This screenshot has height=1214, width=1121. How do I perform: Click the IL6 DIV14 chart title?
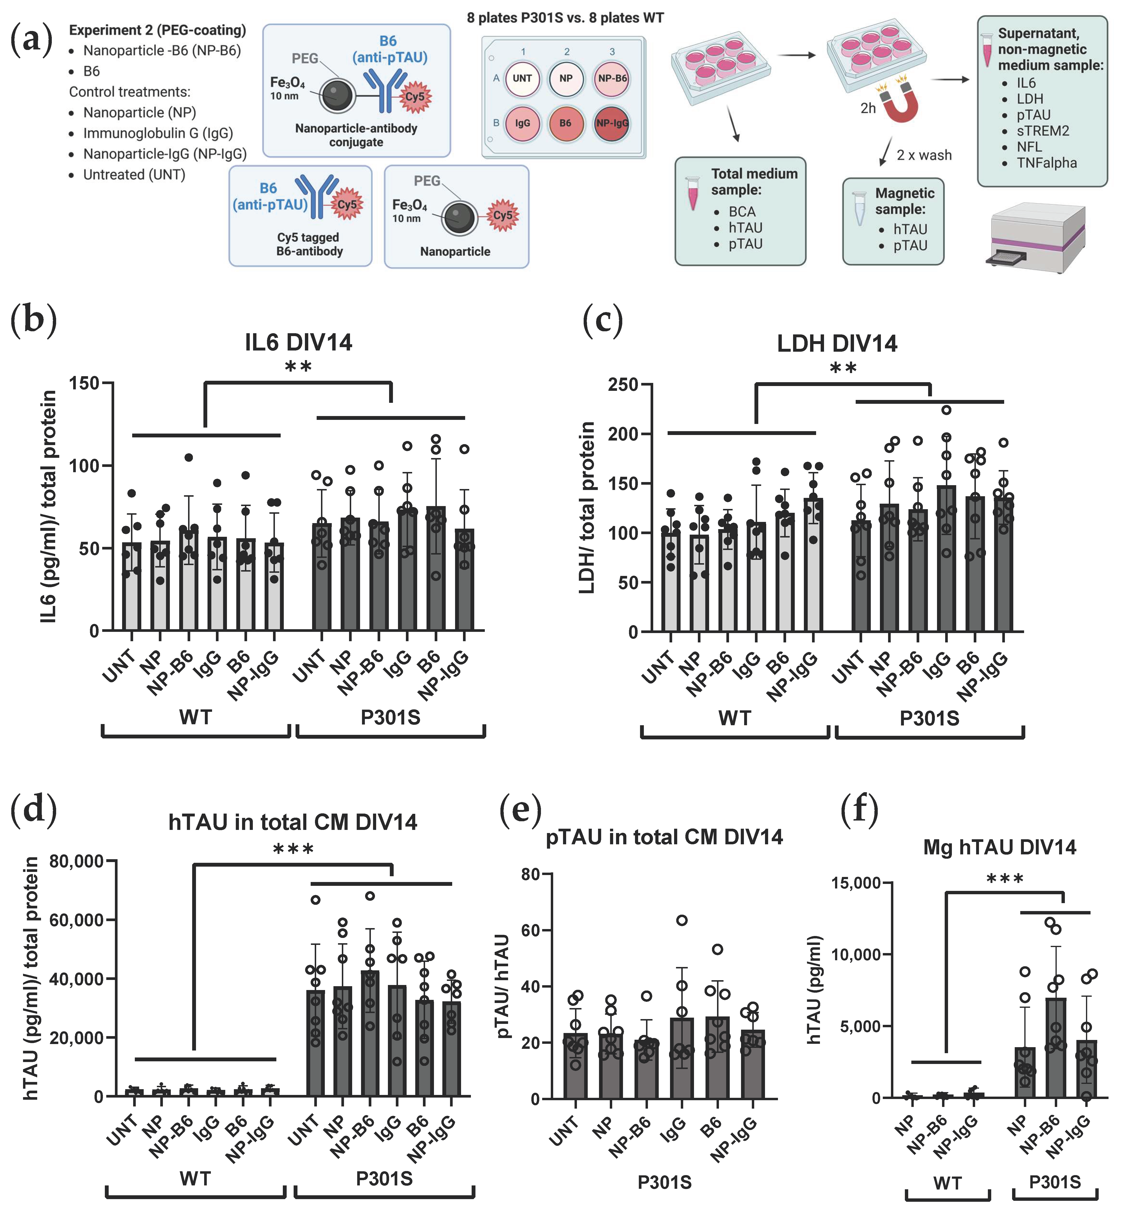298,342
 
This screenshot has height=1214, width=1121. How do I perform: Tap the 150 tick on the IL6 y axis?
84,383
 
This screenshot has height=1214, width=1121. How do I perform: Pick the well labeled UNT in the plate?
522,78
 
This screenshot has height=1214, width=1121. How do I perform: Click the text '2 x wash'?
924,155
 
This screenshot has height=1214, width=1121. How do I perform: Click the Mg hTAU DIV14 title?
1000,847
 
